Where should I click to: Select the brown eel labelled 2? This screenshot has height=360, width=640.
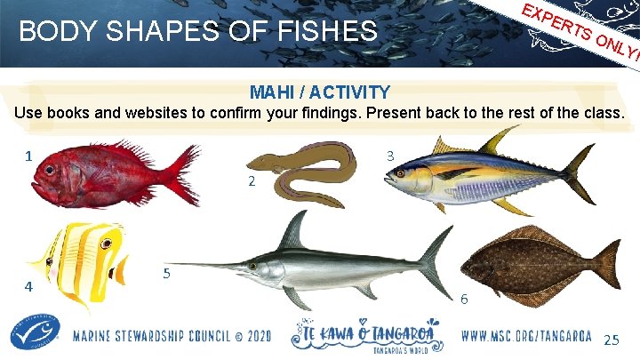[x=307, y=173]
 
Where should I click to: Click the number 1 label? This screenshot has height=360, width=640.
[x=29, y=156]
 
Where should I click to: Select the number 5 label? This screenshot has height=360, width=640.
[x=167, y=273]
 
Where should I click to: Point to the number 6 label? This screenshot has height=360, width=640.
[x=463, y=300]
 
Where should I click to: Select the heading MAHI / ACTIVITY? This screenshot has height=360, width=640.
[x=319, y=92]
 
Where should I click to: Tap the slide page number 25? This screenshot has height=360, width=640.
[x=612, y=340]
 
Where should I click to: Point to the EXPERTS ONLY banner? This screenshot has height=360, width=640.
[x=578, y=31]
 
